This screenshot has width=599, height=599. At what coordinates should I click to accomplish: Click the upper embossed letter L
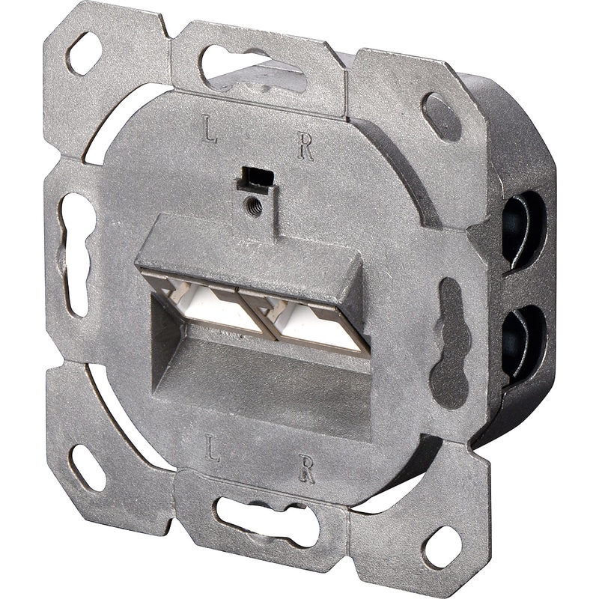[x=209, y=132]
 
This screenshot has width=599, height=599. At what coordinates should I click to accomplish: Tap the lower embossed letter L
[x=212, y=448]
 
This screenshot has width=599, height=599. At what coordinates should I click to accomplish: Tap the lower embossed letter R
[x=306, y=469]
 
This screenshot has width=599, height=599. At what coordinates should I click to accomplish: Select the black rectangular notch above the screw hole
[x=255, y=178]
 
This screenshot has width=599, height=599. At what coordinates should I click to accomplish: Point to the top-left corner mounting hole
[x=85, y=52]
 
